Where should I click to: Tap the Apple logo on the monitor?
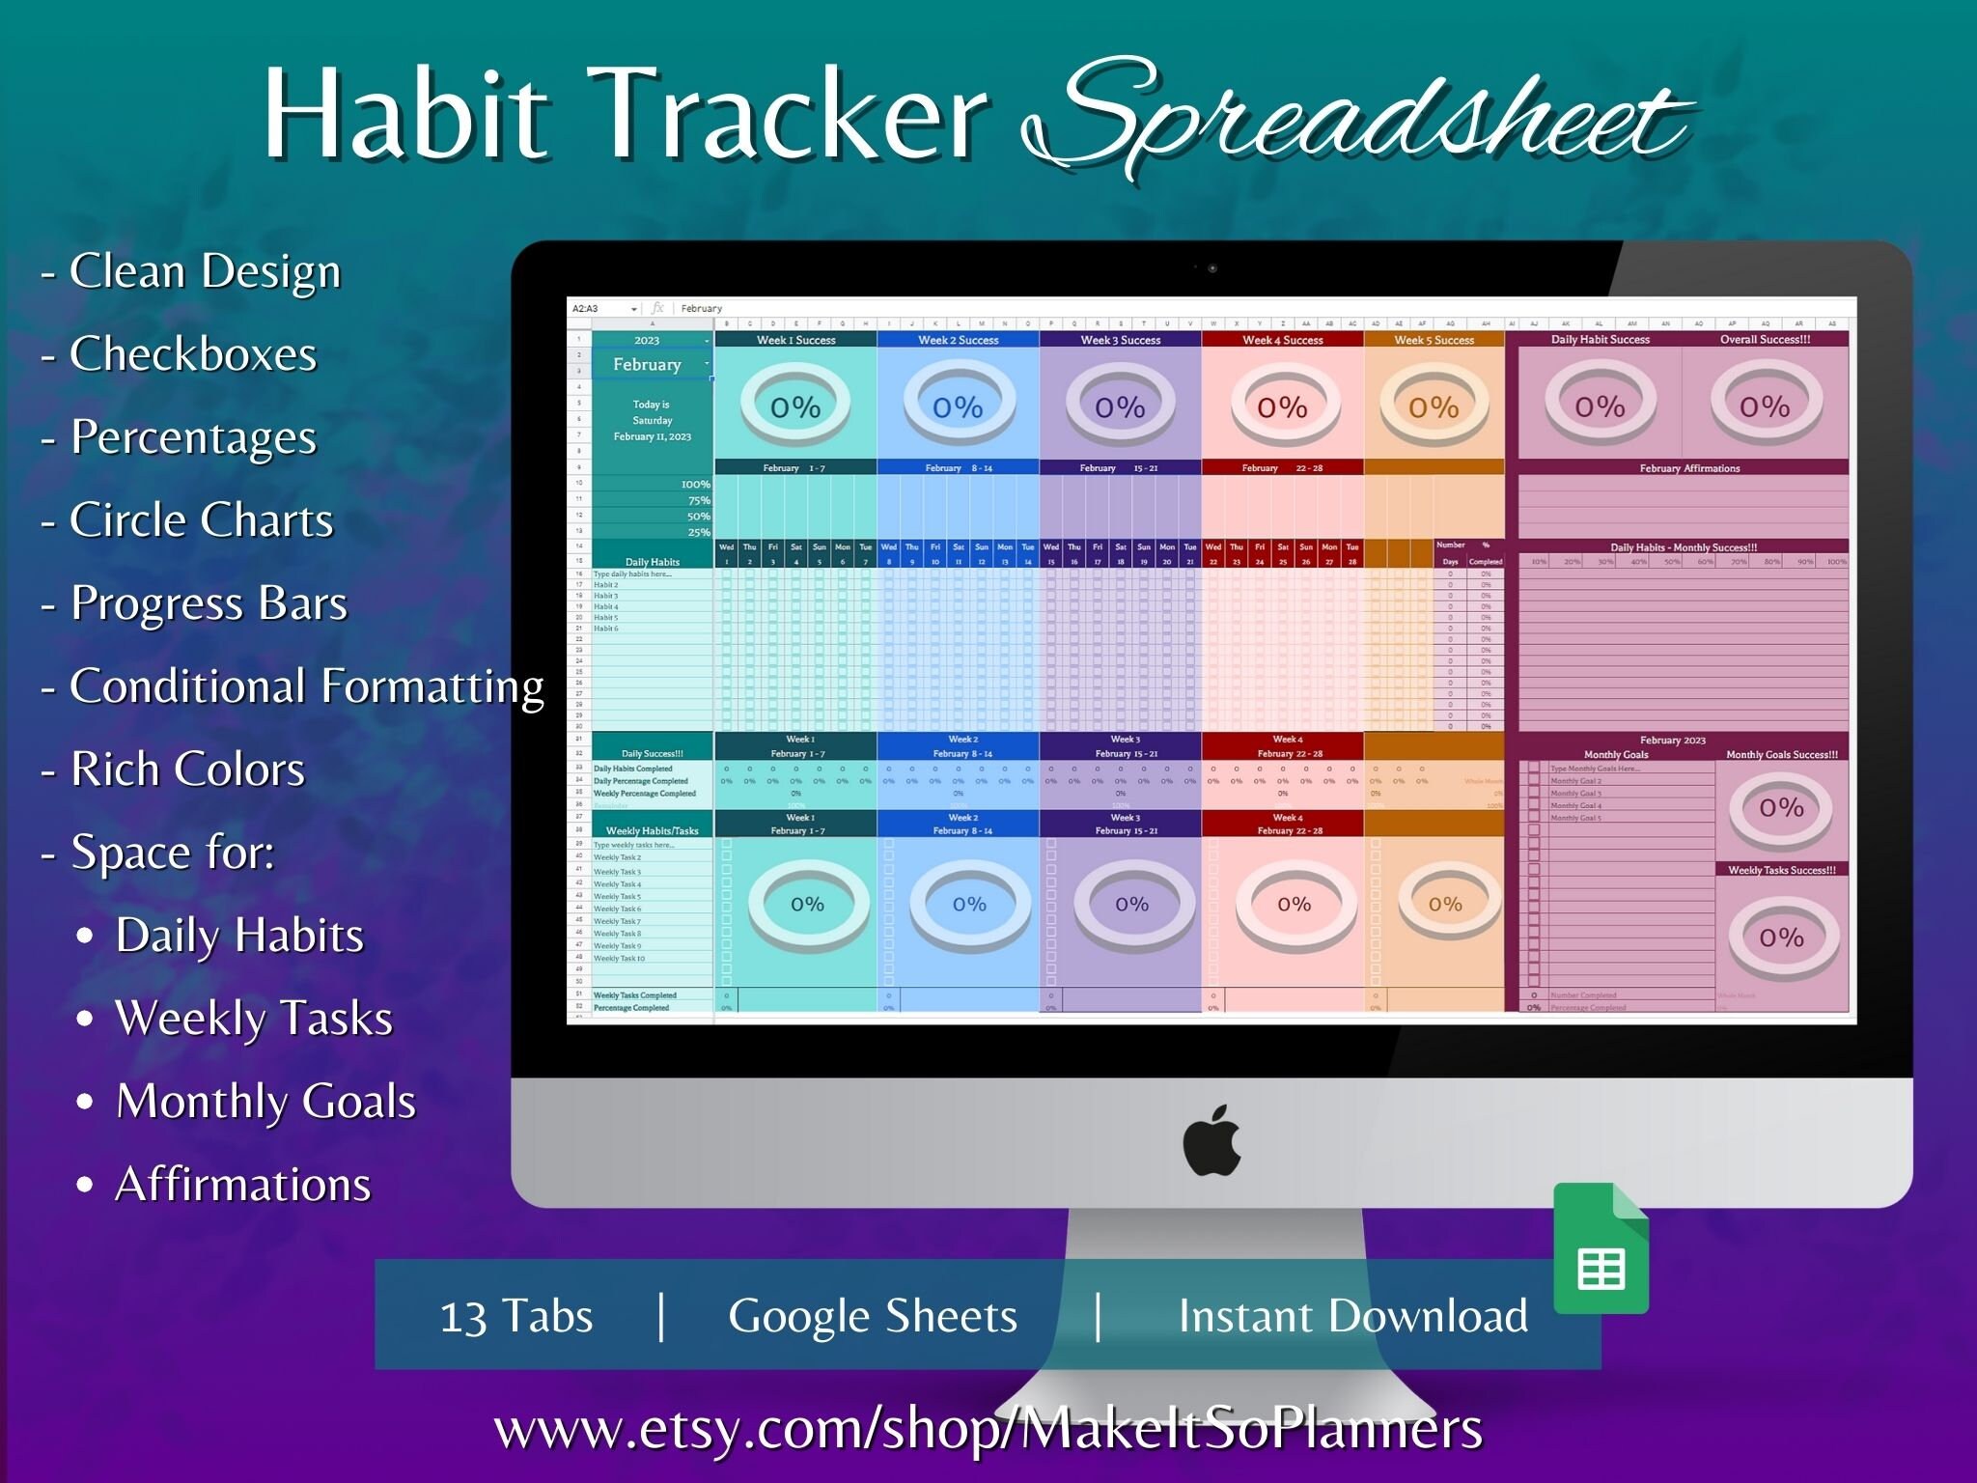1211,1141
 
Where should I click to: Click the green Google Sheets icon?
1601,1250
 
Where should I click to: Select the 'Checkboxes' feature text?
193,354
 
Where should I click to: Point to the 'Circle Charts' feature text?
201,520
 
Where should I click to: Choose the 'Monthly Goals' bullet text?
265,1102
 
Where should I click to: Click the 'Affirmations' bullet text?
243,1185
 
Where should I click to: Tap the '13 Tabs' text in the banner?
516,1316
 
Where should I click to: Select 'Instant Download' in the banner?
1352,1316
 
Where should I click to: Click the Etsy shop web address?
988,1428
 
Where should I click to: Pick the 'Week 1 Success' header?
795,340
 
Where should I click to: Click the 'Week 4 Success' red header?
1282,340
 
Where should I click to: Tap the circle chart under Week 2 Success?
958,406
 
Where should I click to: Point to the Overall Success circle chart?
1765,406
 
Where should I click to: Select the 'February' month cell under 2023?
648,365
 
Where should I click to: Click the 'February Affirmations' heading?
1689,468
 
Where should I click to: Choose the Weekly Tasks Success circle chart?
1781,937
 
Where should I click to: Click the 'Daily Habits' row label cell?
653,562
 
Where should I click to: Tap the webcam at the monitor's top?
1212,268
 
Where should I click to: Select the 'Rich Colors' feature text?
187,769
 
